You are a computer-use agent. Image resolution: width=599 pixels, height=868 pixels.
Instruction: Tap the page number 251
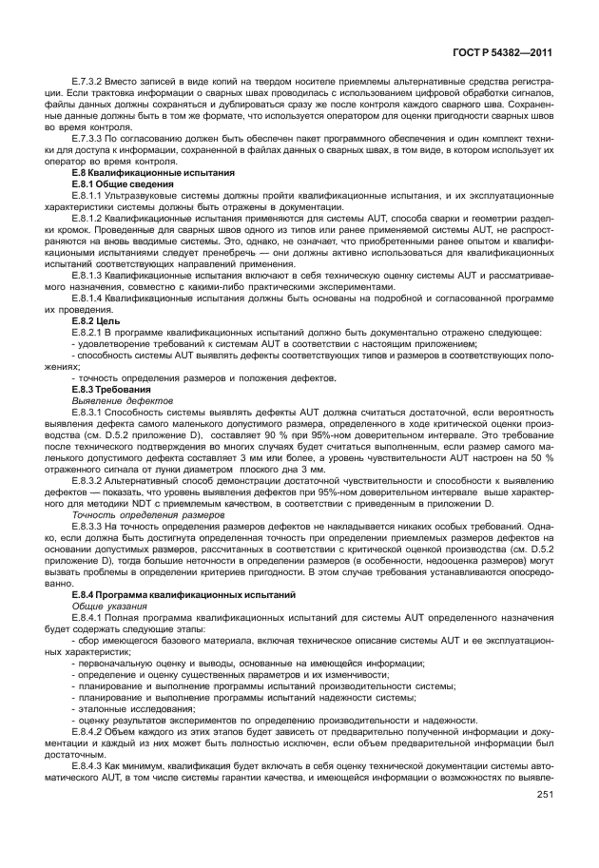point(545,795)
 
